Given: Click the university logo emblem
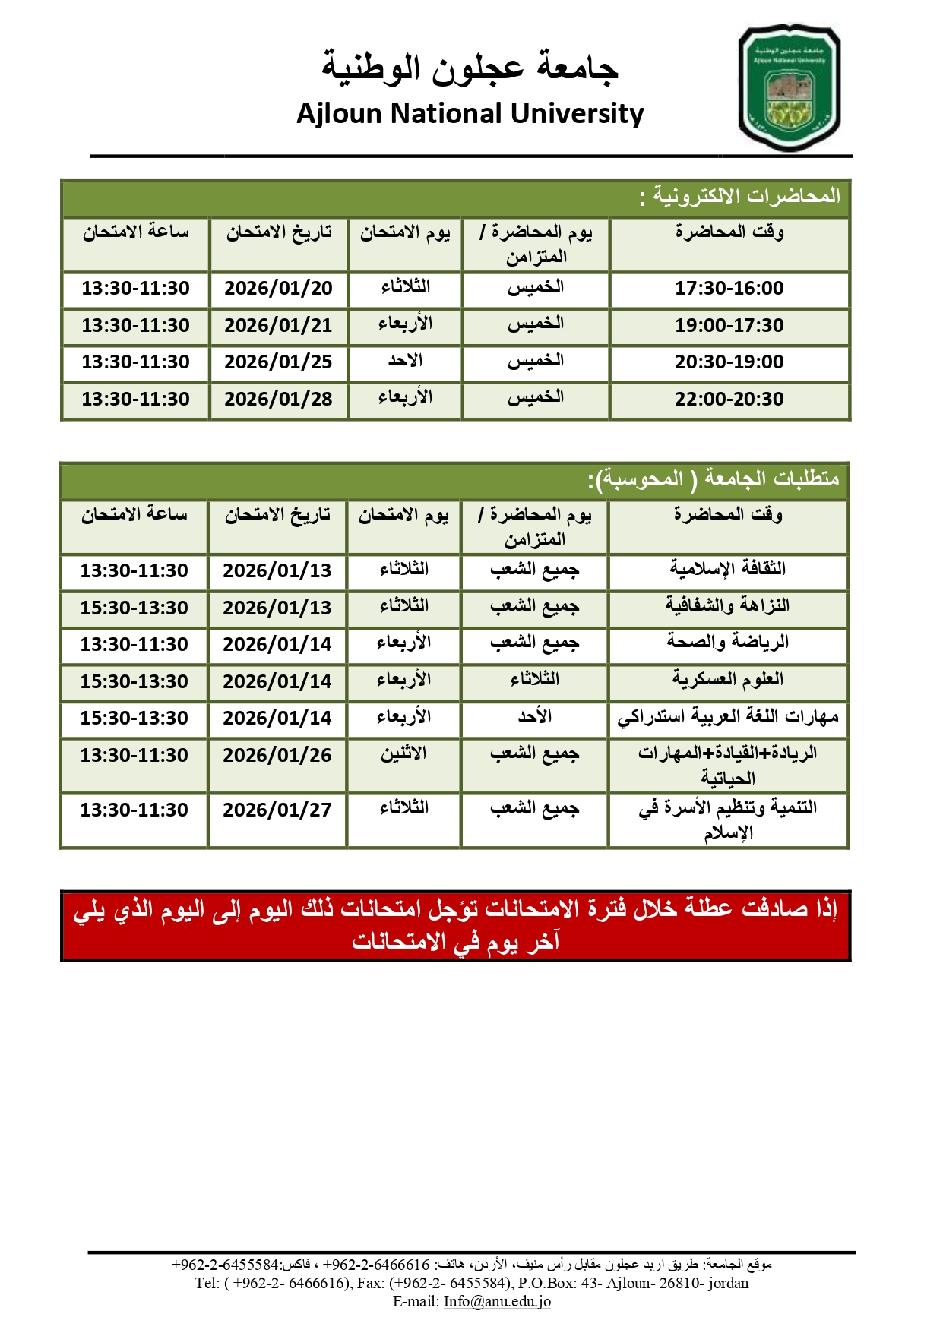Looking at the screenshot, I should click(790, 87).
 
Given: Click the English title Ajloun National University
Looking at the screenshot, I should click(470, 114).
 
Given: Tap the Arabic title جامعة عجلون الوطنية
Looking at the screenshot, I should click(470, 67).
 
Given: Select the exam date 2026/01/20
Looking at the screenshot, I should click(278, 289).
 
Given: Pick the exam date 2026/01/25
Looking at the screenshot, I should click(278, 362).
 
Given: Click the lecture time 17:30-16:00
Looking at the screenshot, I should click(729, 289).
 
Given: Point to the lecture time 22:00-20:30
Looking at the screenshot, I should click(729, 400).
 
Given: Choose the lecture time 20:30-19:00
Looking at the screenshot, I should click(729, 362).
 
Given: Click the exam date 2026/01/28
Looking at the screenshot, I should click(278, 400).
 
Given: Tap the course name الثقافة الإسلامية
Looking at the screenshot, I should click(727, 569).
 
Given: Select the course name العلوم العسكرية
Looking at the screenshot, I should click(727, 679).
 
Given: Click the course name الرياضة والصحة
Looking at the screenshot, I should click(727, 643).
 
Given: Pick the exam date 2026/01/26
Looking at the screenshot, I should click(277, 756).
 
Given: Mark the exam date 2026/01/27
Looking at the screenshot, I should click(277, 810).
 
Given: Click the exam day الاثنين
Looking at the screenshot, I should click(403, 754).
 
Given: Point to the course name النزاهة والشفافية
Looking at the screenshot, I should click(727, 606).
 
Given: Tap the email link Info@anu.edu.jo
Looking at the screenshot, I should click(497, 1301).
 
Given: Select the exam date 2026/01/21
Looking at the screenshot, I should click(278, 326).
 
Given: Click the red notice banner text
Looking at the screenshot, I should click(455, 925).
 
